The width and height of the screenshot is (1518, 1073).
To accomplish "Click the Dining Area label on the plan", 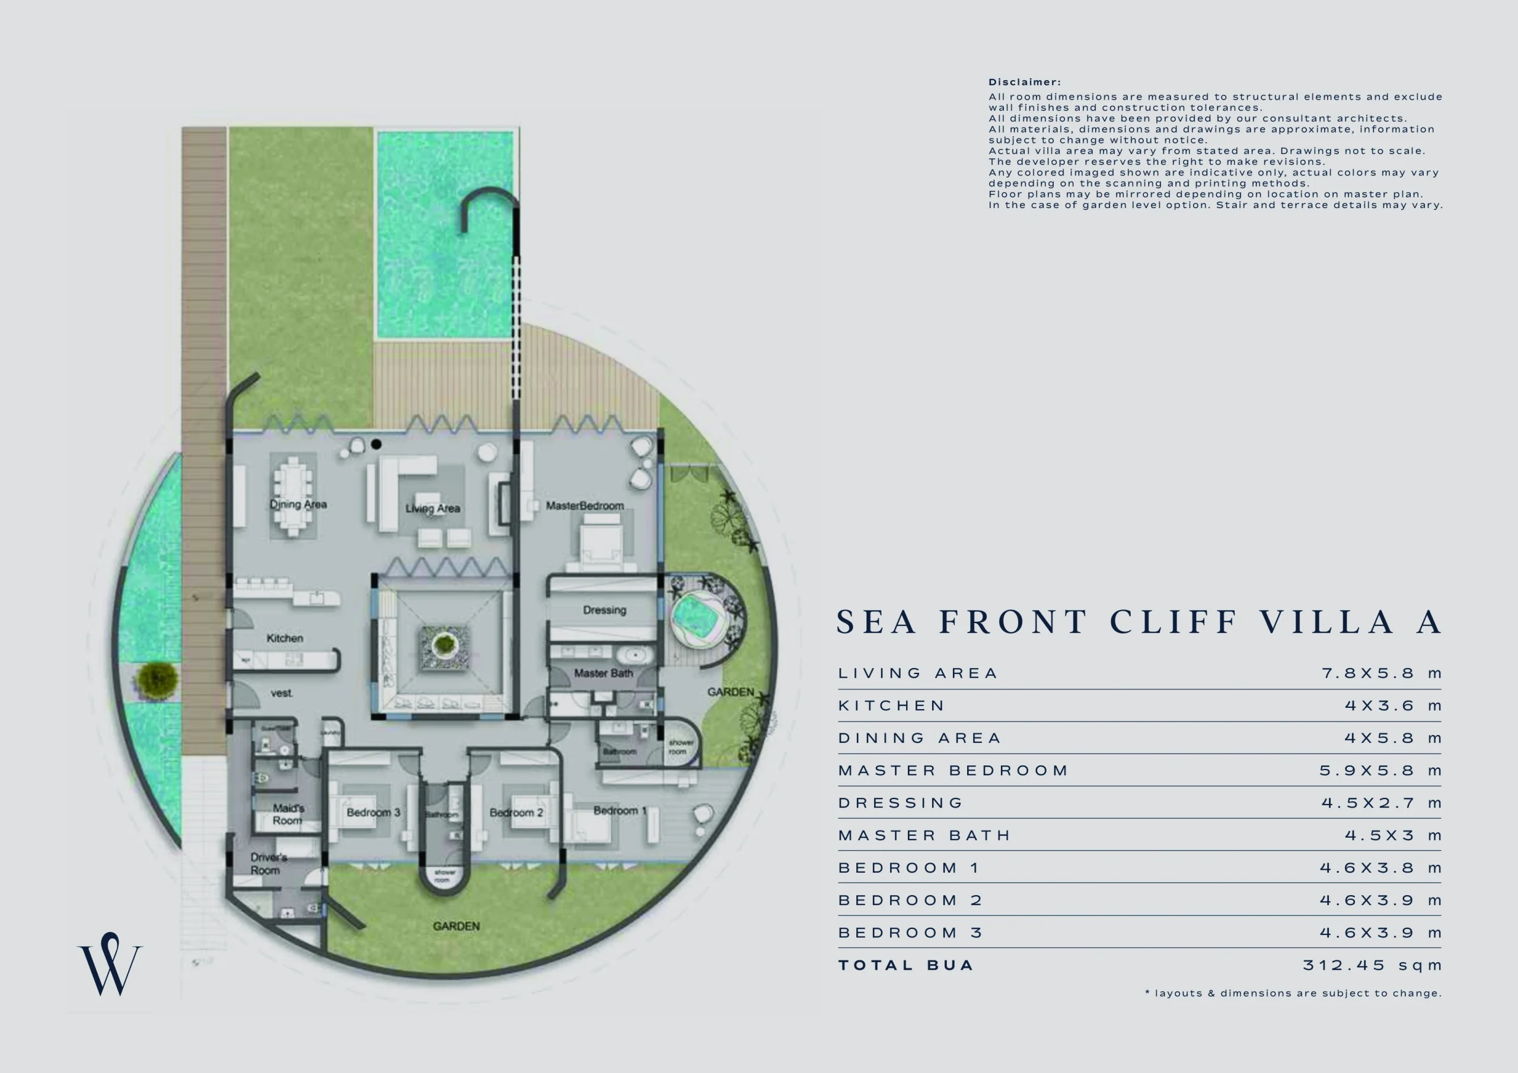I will tap(298, 504).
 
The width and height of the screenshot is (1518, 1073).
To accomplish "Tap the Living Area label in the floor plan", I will tap(432, 509).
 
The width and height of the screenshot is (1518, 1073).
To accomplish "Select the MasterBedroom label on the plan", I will tap(585, 506).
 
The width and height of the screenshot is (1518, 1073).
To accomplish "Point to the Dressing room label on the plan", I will tap(604, 609).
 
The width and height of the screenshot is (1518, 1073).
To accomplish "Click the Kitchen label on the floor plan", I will tap(285, 638).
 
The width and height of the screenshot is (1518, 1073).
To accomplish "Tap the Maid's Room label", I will tap(288, 814).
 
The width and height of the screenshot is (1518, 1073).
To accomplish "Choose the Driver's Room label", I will tap(268, 863).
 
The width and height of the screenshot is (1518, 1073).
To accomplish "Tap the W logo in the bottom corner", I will tap(110, 965).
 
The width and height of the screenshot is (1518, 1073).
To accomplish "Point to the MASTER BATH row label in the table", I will tap(924, 836).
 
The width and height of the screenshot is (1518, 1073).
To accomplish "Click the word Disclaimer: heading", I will tap(1024, 82).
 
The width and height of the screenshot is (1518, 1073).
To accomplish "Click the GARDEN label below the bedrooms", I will tap(456, 926).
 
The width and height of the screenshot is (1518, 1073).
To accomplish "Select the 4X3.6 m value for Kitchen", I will tap(1392, 705).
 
